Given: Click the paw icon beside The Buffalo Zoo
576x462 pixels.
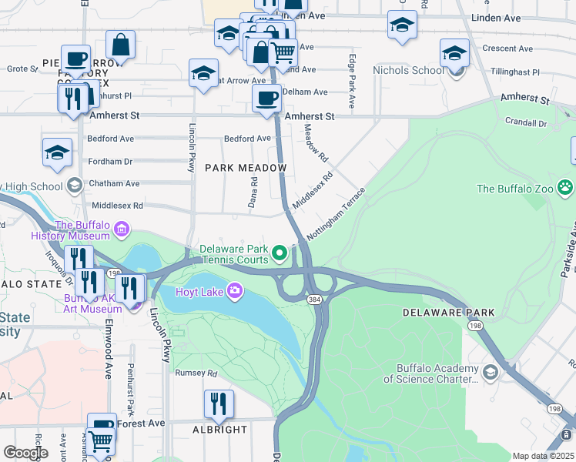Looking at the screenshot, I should [x=566, y=187].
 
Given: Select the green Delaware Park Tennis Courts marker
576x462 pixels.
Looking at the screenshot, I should [x=281, y=252].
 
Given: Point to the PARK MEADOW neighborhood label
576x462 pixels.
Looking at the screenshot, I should [x=246, y=168].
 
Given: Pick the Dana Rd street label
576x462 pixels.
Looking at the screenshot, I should [x=253, y=192].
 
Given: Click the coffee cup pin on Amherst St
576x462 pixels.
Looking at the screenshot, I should [x=267, y=99].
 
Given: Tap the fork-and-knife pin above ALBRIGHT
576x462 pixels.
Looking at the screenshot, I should [x=219, y=403].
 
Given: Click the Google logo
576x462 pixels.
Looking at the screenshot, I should [x=25, y=453].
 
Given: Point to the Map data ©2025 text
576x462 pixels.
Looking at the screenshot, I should [x=543, y=456].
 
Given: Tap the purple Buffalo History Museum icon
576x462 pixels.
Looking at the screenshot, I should [x=121, y=229].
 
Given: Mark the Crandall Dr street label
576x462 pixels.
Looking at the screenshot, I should [x=526, y=122].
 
